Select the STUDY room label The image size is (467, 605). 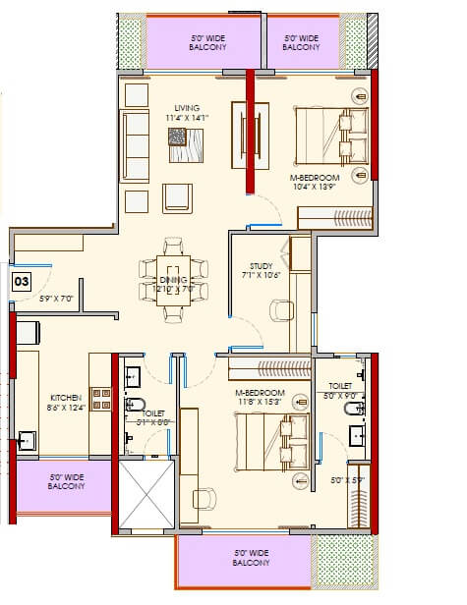coord(261,265)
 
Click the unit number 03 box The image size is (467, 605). coord(20,280)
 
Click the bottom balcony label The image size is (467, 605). coord(252,559)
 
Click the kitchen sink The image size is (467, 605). coord(30,439)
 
